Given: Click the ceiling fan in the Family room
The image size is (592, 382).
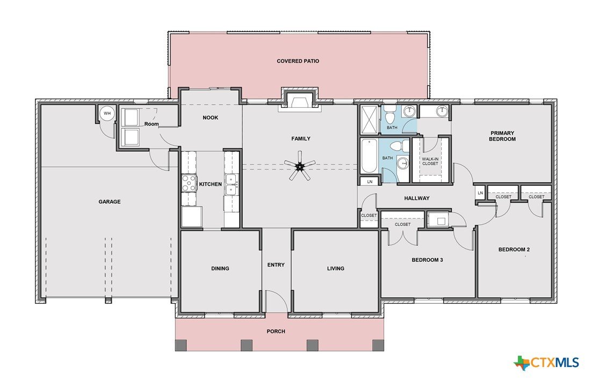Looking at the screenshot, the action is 300,165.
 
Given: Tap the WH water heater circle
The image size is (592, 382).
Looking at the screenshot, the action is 107,113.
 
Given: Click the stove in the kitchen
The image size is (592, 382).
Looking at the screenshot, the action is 189,183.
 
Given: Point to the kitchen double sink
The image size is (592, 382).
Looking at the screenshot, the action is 232,185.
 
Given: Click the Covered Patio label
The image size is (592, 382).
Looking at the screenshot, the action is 298,61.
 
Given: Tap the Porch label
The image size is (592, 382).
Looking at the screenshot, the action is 276,332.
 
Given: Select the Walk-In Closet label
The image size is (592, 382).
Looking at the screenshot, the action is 430,161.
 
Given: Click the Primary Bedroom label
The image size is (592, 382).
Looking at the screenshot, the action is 502,136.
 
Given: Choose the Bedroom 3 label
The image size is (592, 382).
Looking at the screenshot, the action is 427,260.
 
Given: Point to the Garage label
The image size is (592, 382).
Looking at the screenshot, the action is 110,202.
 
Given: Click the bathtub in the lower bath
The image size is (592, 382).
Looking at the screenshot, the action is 369,156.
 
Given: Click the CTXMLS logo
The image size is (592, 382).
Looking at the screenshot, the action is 546,363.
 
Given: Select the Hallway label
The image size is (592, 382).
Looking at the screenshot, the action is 417,198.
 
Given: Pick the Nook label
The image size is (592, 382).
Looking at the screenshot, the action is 210,117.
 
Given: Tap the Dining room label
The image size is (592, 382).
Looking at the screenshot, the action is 220,268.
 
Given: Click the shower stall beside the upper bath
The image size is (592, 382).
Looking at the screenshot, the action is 369,120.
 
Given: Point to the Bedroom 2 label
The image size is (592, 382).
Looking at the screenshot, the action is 514,249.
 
